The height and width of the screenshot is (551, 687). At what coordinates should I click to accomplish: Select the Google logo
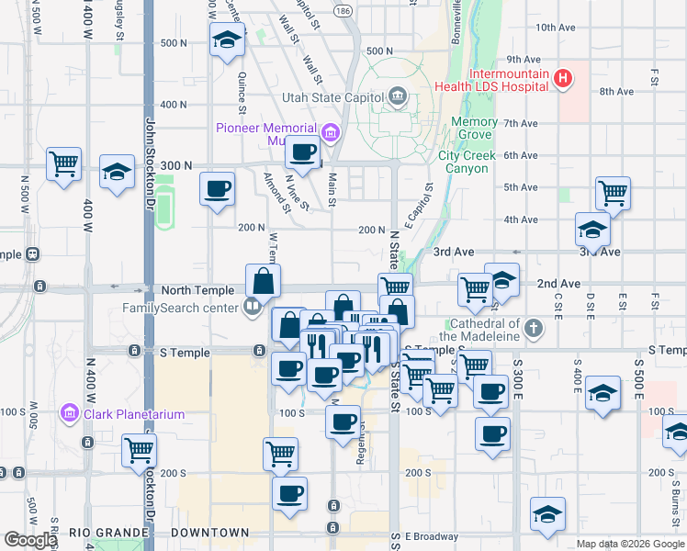coord(30,539)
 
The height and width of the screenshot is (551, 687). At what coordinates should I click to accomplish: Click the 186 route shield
coord(343,11)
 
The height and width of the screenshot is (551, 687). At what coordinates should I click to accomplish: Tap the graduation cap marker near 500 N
coord(227,39)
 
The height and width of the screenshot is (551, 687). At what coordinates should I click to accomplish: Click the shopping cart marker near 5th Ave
coord(613,193)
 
